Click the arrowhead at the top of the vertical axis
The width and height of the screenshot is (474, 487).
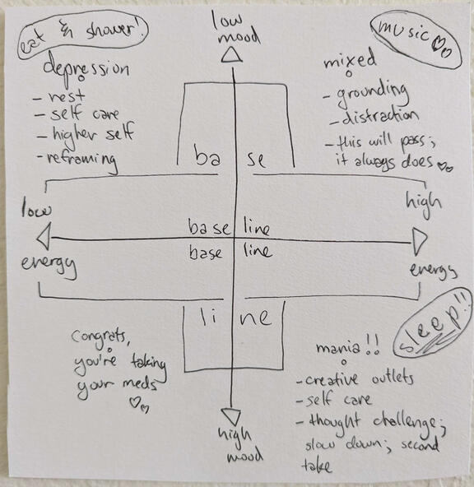(x=231, y=55)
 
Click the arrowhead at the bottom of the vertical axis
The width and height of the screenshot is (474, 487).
(x=231, y=416)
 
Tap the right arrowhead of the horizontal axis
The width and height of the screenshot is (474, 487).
(x=420, y=241)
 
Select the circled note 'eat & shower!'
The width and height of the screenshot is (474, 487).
(x=82, y=35)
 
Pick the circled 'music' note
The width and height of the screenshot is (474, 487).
(x=416, y=39)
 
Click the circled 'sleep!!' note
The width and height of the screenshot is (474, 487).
(x=432, y=323)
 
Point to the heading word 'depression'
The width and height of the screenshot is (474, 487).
(x=86, y=69)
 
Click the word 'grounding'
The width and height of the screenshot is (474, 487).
(x=372, y=94)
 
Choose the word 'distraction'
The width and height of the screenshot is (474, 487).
(x=380, y=117)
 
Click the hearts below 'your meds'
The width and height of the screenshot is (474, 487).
(x=139, y=403)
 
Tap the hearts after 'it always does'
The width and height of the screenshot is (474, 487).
(x=445, y=167)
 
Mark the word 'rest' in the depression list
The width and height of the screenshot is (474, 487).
(x=66, y=95)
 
